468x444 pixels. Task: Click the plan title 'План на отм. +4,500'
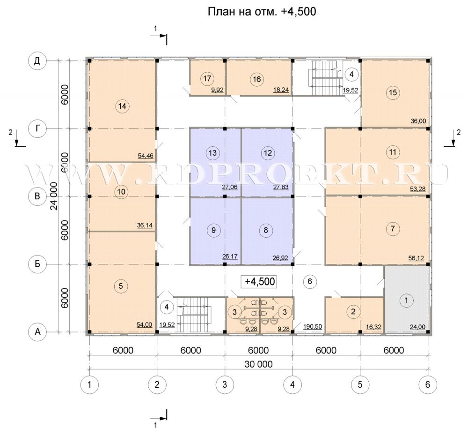262,12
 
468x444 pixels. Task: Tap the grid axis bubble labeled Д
37,61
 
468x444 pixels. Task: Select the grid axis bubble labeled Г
37,129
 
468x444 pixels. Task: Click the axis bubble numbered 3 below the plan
225,384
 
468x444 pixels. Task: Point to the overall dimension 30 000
258,364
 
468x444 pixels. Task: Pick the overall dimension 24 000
54,196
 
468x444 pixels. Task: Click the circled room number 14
122,106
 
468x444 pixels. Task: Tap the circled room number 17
207,79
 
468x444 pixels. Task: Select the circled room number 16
256,79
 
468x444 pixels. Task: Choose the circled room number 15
393,92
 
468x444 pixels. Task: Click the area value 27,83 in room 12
281,188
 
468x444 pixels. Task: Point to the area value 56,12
416,258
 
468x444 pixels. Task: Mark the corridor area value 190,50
313,326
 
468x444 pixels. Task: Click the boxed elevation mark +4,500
259,282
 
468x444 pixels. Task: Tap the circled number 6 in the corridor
309,281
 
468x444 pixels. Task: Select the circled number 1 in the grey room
406,300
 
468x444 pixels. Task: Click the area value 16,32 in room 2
373,327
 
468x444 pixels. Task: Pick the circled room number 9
213,230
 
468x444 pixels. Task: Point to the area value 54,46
146,156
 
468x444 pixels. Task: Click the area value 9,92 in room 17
217,90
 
